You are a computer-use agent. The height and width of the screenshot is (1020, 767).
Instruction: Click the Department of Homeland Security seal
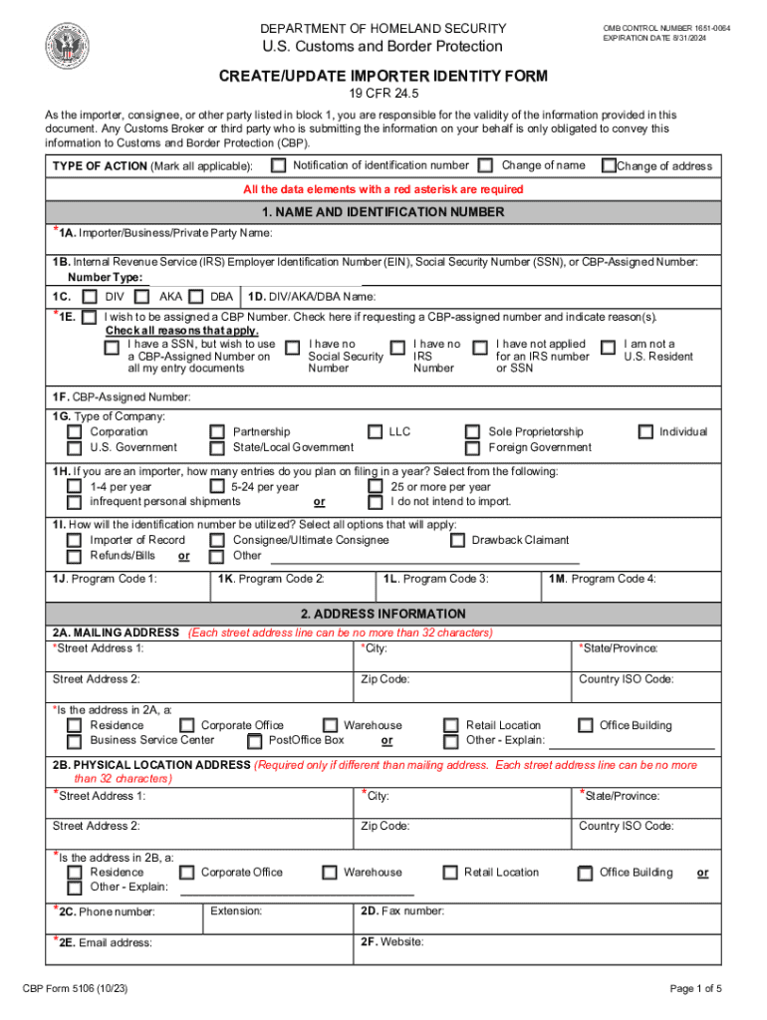(x=67, y=45)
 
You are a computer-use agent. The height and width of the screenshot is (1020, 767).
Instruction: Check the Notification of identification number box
(x=279, y=165)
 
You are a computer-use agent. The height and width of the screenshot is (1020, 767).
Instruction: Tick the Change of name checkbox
(x=485, y=165)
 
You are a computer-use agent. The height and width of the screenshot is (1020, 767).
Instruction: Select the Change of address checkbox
(x=609, y=166)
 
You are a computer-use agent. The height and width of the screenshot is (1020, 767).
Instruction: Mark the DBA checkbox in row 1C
(x=195, y=297)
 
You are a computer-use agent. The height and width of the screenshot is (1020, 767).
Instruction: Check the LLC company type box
(x=376, y=432)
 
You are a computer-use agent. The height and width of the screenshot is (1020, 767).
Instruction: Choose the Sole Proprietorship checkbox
(x=473, y=432)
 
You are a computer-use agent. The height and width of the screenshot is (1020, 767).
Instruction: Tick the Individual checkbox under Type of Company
(x=644, y=432)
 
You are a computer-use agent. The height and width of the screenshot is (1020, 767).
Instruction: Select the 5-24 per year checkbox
(x=216, y=487)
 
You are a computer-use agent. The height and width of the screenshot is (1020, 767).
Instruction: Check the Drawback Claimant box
(x=457, y=541)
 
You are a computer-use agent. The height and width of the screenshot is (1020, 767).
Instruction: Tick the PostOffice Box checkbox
(x=254, y=741)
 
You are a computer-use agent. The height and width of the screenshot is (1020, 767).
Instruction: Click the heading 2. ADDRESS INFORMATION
(x=383, y=615)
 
